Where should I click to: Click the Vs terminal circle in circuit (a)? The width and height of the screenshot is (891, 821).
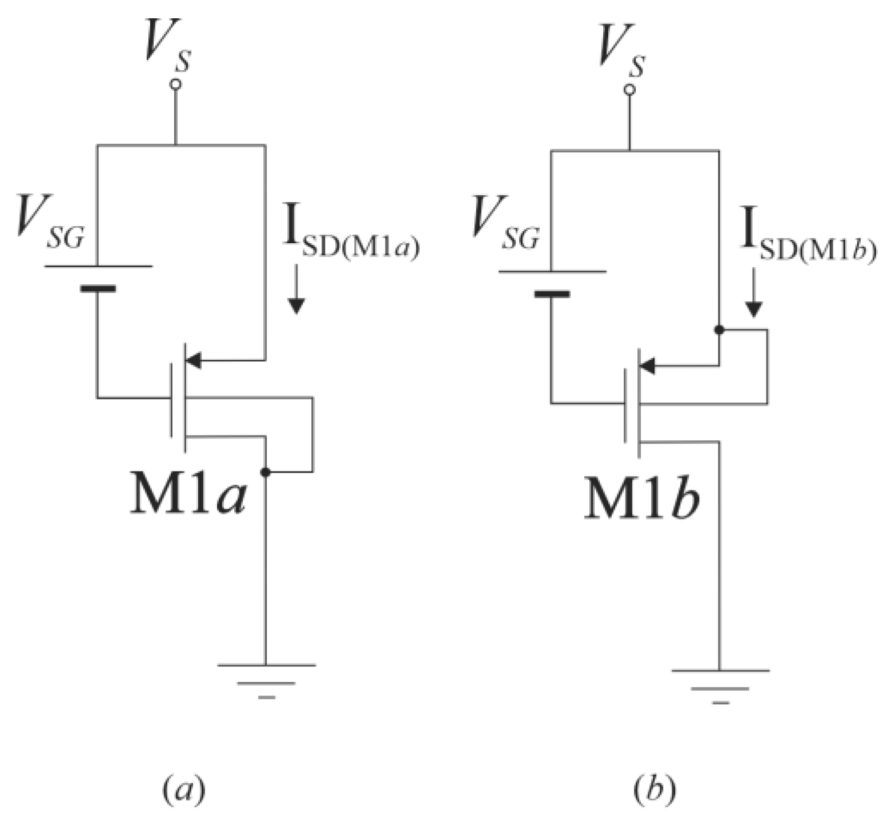coord(176,84)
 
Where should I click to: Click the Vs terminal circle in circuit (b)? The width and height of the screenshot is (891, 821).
coord(629,90)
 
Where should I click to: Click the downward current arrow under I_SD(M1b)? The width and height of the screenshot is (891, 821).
coord(754,293)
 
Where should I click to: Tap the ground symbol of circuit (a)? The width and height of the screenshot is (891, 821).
coord(266,679)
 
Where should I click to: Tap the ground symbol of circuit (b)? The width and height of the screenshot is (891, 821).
coord(720,685)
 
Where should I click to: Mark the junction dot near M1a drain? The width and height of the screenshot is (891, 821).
coord(265,472)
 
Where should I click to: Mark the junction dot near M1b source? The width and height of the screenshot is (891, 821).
coord(719,329)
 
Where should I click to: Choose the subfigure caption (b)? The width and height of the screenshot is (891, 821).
coord(655,790)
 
